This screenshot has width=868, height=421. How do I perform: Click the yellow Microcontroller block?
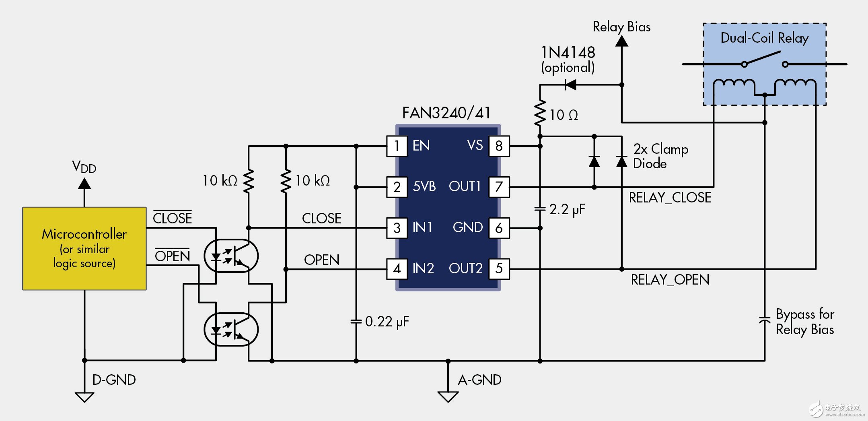coord(84,248)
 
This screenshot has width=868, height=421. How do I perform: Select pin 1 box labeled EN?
coord(397,146)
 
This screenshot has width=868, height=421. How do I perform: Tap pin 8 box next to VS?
coord(499,146)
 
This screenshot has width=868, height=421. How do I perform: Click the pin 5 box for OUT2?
coord(499,268)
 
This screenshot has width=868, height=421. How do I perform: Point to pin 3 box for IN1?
coord(397,228)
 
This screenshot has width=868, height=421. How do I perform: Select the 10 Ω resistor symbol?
coord(540,114)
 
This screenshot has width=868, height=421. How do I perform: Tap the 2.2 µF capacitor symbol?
coord(540,209)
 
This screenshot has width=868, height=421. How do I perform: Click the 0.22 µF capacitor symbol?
coord(356,321)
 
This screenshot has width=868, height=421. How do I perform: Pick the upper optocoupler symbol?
coord(231,256)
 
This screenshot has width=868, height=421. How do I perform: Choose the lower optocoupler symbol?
coord(231,330)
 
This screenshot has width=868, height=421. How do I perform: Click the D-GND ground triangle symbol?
coord(84,397)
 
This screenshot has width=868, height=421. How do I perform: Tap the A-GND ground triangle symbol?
coord(448,397)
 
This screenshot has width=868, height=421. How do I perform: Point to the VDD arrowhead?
coord(84,184)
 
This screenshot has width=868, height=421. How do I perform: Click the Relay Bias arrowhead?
coord(622,41)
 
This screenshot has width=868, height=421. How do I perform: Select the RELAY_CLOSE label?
coord(670,198)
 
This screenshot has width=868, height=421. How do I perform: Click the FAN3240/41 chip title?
coord(446,113)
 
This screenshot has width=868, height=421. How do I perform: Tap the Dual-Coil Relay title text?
coord(764,38)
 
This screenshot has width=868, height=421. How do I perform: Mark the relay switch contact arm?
coord(763,58)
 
